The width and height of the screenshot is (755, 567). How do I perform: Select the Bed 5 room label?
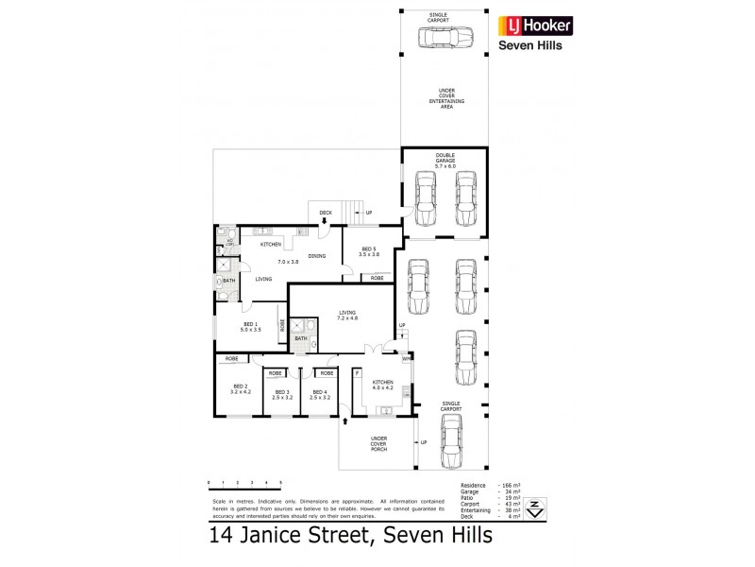[369, 250]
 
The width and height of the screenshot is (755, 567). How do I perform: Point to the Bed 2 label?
[241, 389]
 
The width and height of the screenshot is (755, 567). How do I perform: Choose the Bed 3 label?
[280, 394]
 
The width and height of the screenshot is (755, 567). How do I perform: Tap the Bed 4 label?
[320, 394]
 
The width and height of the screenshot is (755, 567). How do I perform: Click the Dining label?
[316, 256]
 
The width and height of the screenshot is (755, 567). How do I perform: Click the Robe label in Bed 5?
[377, 278]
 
